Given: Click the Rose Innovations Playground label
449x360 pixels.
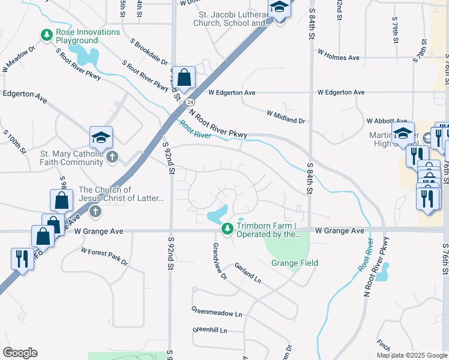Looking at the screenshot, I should coord(88,36).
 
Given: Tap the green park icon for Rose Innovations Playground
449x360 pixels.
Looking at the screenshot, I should coord(47,35).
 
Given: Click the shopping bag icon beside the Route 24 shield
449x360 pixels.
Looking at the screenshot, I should coord(185,77).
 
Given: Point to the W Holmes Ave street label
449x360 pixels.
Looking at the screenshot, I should coord(338,57).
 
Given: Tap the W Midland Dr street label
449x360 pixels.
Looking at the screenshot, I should coord(286,116).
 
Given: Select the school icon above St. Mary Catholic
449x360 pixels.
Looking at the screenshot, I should coord(101,138).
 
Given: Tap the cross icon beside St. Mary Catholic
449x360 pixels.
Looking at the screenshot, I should coord(112,157).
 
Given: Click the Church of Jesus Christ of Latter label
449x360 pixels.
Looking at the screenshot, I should coord(121,194).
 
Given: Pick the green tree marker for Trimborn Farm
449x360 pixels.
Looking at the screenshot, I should coord(227,229).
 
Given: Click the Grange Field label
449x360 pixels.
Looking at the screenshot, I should coord(295,263).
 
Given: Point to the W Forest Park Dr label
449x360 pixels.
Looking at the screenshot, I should coord(104,257).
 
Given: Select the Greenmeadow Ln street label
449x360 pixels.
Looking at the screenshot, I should coord(217,313).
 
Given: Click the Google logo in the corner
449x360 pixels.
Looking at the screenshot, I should coord(20,353).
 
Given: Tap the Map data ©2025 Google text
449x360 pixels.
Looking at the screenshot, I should coord(411,355).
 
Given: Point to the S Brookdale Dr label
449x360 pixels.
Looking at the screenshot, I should coord(150,52).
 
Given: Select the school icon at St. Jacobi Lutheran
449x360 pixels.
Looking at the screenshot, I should coord(279,8).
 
